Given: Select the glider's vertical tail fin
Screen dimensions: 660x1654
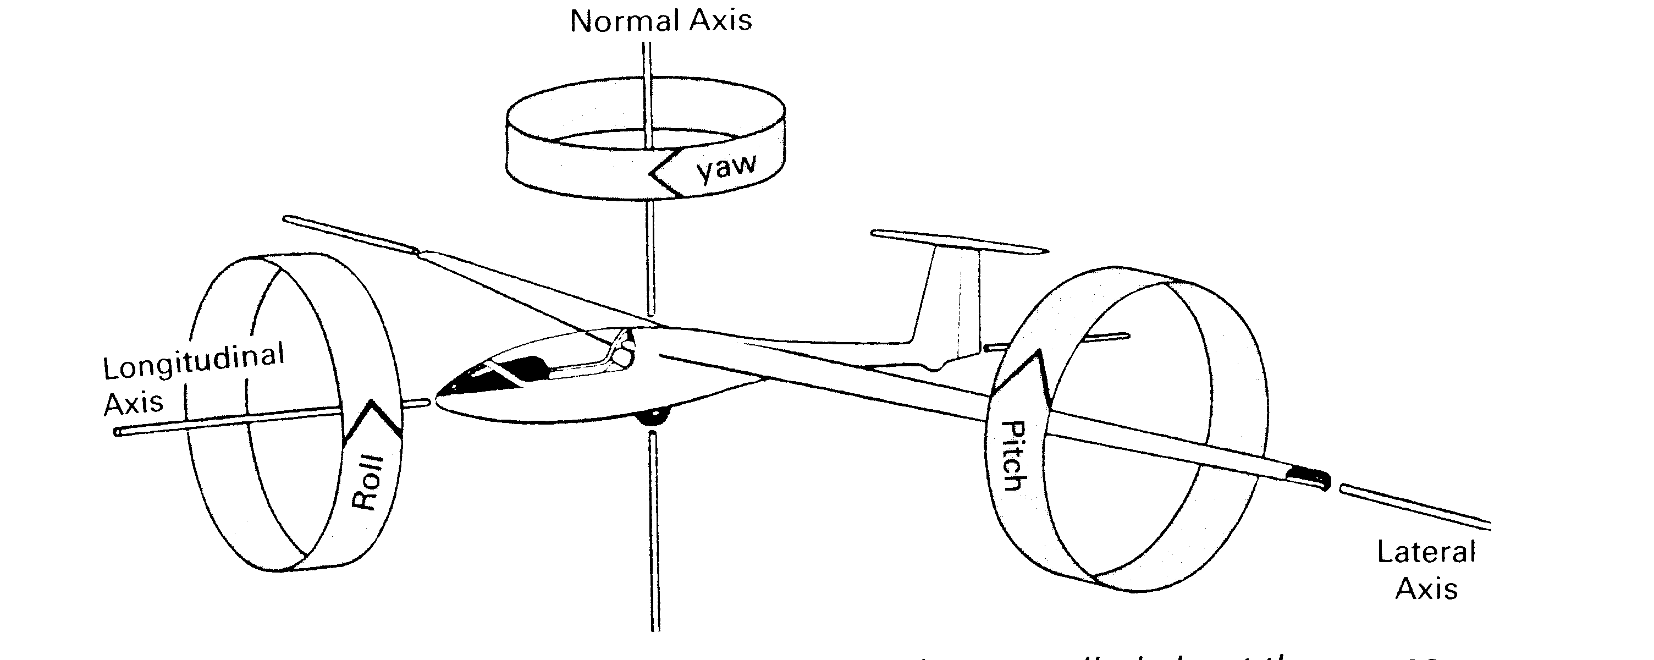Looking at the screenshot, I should [x=950, y=302].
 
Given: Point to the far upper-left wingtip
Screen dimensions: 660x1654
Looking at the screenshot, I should [x=289, y=220].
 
